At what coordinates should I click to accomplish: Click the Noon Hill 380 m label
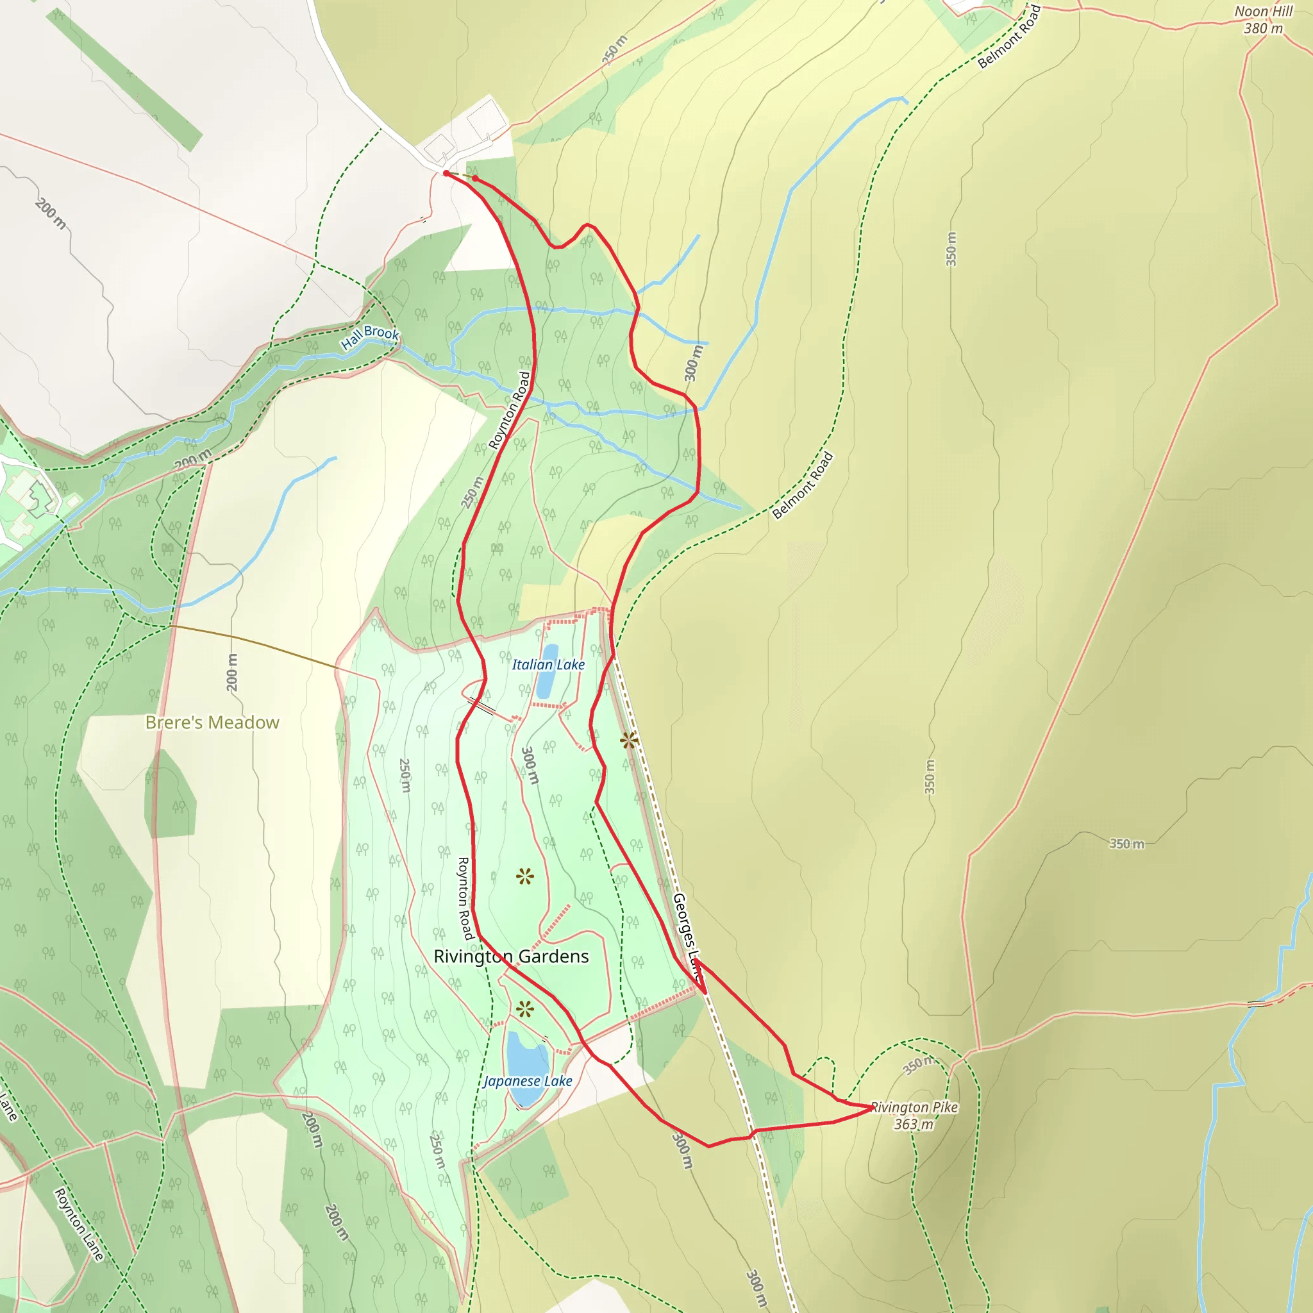[x=1264, y=20]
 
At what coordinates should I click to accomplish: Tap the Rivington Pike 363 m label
[x=914, y=1116]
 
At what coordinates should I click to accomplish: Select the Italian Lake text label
[x=548, y=665]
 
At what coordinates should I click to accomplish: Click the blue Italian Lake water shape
[x=547, y=672]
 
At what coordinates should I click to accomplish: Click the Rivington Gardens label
[x=511, y=956]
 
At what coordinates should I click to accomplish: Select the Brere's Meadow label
[x=212, y=723]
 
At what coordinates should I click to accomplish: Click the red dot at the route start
[x=446, y=173]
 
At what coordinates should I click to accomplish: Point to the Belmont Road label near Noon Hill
[x=1009, y=37]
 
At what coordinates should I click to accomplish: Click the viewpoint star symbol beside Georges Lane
[x=629, y=740]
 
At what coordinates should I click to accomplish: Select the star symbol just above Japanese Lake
[x=524, y=1010]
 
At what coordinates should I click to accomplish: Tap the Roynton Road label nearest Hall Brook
[x=510, y=410]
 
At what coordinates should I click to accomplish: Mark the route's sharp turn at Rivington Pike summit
[x=873, y=1107]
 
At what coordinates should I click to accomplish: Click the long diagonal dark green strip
[x=124, y=79]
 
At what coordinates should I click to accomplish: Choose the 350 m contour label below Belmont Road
[x=951, y=249]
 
